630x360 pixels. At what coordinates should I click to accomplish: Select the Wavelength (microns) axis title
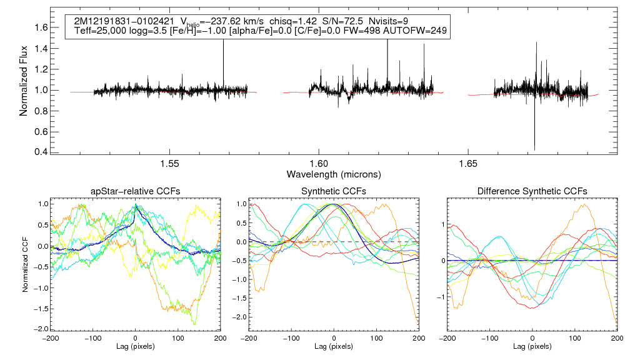point(334,173)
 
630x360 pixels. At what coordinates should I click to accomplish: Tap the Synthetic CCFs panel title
point(334,191)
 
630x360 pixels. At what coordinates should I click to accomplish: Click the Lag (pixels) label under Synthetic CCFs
point(334,346)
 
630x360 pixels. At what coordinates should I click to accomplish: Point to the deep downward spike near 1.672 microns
point(534,147)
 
